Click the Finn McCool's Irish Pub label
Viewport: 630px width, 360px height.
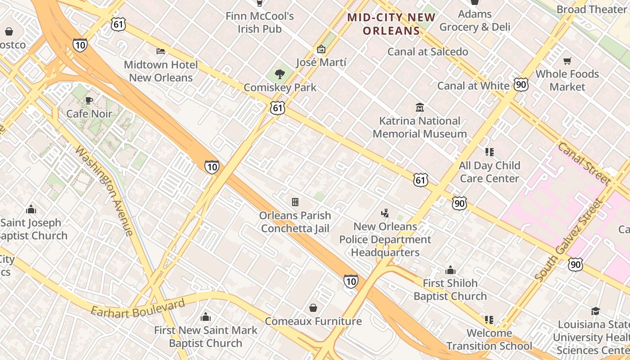pos(260,22)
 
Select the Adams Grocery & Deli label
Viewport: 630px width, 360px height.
pos(475,21)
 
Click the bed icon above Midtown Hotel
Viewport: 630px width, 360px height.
pos(161,51)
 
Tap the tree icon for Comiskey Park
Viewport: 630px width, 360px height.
pos(280,74)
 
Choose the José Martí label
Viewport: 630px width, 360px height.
pos(321,62)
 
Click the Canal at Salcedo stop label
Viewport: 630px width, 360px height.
pos(427,52)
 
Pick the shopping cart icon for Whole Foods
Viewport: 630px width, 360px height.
pos(567,61)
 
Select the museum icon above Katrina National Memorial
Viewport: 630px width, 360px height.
pos(420,107)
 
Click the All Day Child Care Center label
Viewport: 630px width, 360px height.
pos(489,172)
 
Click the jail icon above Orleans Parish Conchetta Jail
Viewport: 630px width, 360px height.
pos(295,202)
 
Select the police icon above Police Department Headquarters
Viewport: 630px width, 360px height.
pos(385,213)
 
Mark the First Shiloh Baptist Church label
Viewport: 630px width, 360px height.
pos(450,289)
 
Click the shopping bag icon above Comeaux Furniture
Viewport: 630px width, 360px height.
pos(313,308)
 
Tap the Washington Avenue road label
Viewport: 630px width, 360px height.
pos(104,190)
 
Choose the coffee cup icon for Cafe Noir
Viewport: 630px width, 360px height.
pos(89,100)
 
